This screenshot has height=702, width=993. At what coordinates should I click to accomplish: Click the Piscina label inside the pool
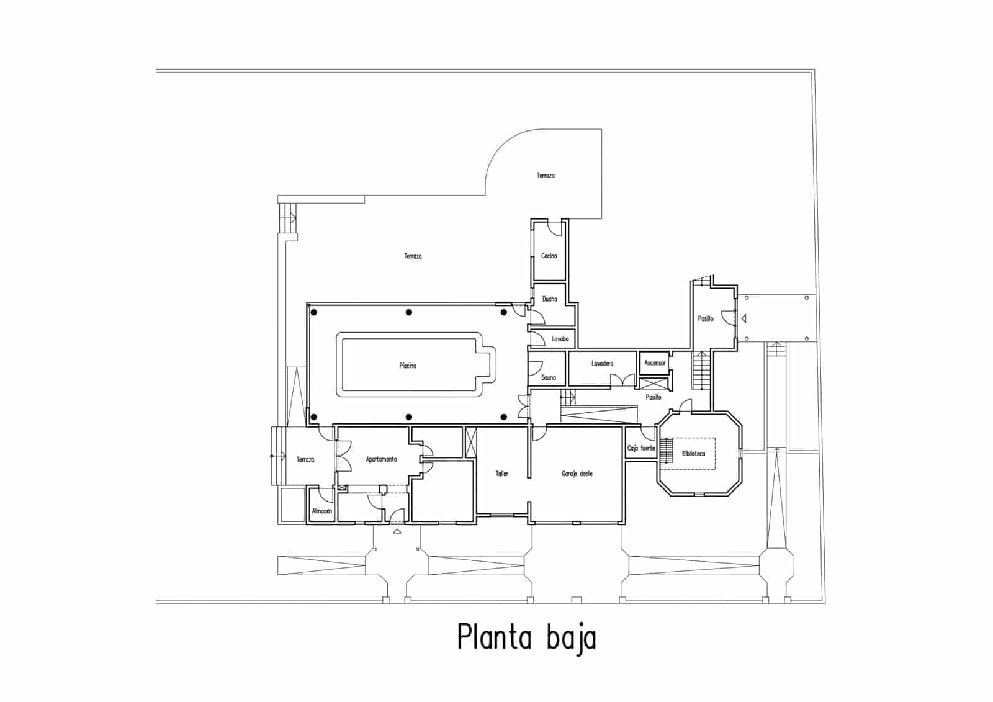(x=408, y=366)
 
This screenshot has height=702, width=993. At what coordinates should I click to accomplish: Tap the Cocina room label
(x=549, y=256)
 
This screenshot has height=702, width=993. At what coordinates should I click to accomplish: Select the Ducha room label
(x=549, y=299)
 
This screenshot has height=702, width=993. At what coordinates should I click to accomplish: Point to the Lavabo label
(x=560, y=339)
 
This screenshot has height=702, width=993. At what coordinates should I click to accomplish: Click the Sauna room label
(x=549, y=377)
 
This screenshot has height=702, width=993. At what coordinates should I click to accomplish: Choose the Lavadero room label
(x=602, y=363)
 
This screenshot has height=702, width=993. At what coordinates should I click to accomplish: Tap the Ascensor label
(x=655, y=362)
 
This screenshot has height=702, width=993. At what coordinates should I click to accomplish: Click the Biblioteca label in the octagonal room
(x=693, y=454)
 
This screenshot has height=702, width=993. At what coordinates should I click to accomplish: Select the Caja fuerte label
(x=641, y=448)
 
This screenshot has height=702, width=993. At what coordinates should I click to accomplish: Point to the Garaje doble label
(x=577, y=474)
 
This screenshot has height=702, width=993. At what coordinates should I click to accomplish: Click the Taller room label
(x=501, y=474)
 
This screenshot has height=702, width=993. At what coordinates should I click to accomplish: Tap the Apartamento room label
(x=381, y=459)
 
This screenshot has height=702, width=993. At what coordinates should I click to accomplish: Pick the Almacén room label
(x=321, y=511)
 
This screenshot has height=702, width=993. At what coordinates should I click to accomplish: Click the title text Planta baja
(x=526, y=637)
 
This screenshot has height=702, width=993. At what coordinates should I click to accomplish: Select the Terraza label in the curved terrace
(x=546, y=176)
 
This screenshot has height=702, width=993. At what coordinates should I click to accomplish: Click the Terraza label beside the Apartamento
(x=305, y=459)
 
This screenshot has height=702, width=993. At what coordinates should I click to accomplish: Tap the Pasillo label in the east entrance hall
(x=706, y=318)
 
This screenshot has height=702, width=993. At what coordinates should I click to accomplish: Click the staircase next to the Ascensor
(x=700, y=371)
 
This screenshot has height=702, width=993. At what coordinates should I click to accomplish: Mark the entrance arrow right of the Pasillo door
(x=744, y=318)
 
